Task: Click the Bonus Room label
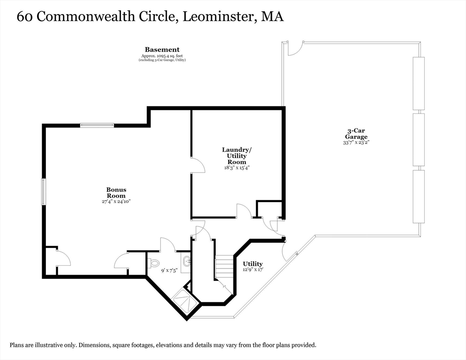(x=116, y=193)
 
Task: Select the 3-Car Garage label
(x=356, y=134)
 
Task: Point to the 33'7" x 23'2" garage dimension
(x=356, y=142)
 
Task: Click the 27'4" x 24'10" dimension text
(x=116, y=201)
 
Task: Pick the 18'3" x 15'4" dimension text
(x=237, y=167)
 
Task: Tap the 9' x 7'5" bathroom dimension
(x=169, y=270)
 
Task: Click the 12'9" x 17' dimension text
(x=253, y=270)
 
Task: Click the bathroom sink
(x=186, y=262)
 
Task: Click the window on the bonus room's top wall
(x=97, y=125)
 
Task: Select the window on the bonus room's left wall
(x=44, y=191)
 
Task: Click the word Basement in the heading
(x=162, y=50)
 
